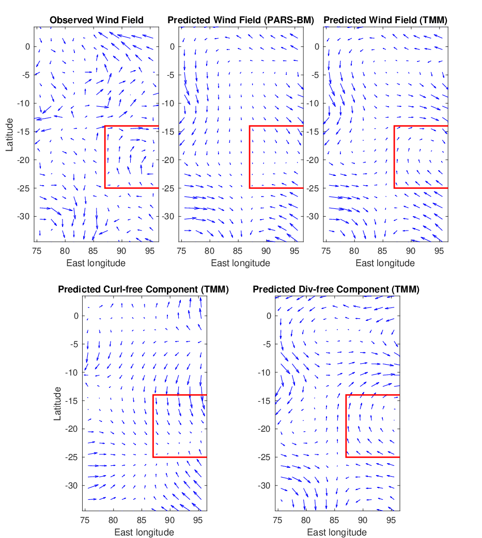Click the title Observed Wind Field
[x=97, y=20]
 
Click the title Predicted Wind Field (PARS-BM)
[x=241, y=20]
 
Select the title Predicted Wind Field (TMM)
[x=385, y=20]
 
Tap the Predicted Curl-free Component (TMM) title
[x=143, y=289]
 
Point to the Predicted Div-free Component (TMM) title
[x=336, y=289]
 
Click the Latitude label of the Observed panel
[x=9, y=135]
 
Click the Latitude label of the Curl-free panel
[x=57, y=403]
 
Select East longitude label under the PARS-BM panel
[x=241, y=263]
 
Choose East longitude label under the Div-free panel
[x=337, y=532]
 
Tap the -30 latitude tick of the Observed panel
[x=24, y=217]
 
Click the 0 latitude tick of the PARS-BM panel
[x=172, y=46]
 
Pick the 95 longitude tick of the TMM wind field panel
[x=439, y=251]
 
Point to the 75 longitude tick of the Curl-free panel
[x=85, y=520]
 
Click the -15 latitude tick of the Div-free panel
[x=265, y=401]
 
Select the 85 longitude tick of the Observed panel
[x=93, y=251]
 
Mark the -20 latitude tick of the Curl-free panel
[x=72, y=429]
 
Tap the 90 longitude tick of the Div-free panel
[x=363, y=520]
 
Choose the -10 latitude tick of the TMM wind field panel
[x=313, y=103]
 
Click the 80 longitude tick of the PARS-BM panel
[x=209, y=251]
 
